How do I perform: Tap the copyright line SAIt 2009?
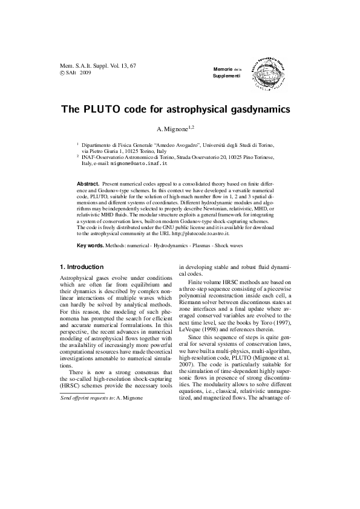tap(76, 72)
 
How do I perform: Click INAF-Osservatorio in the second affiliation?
tap(110, 157)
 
